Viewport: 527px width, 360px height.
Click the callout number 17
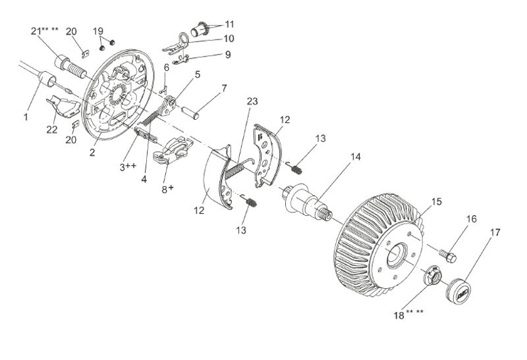pos(495,232)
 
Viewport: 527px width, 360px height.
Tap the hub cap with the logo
pos(458,291)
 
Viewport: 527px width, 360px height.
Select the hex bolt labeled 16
pos(448,255)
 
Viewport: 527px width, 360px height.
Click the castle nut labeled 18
pos(433,274)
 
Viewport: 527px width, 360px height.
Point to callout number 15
pos(437,202)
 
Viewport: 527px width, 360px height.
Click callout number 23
pos(252,101)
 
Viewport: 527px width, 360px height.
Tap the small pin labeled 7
pos(190,113)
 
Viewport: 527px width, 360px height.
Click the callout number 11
pos(229,24)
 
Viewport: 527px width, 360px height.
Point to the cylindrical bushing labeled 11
pos(200,30)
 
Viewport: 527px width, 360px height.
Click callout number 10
pos(229,39)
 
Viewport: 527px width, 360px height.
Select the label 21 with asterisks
pos(44,31)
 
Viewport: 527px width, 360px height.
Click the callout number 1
pos(26,117)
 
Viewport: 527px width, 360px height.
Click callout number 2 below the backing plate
pos(92,152)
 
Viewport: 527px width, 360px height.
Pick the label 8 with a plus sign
pos(168,189)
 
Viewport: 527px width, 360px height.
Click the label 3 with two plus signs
pos(128,167)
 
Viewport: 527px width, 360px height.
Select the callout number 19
pos(98,31)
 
